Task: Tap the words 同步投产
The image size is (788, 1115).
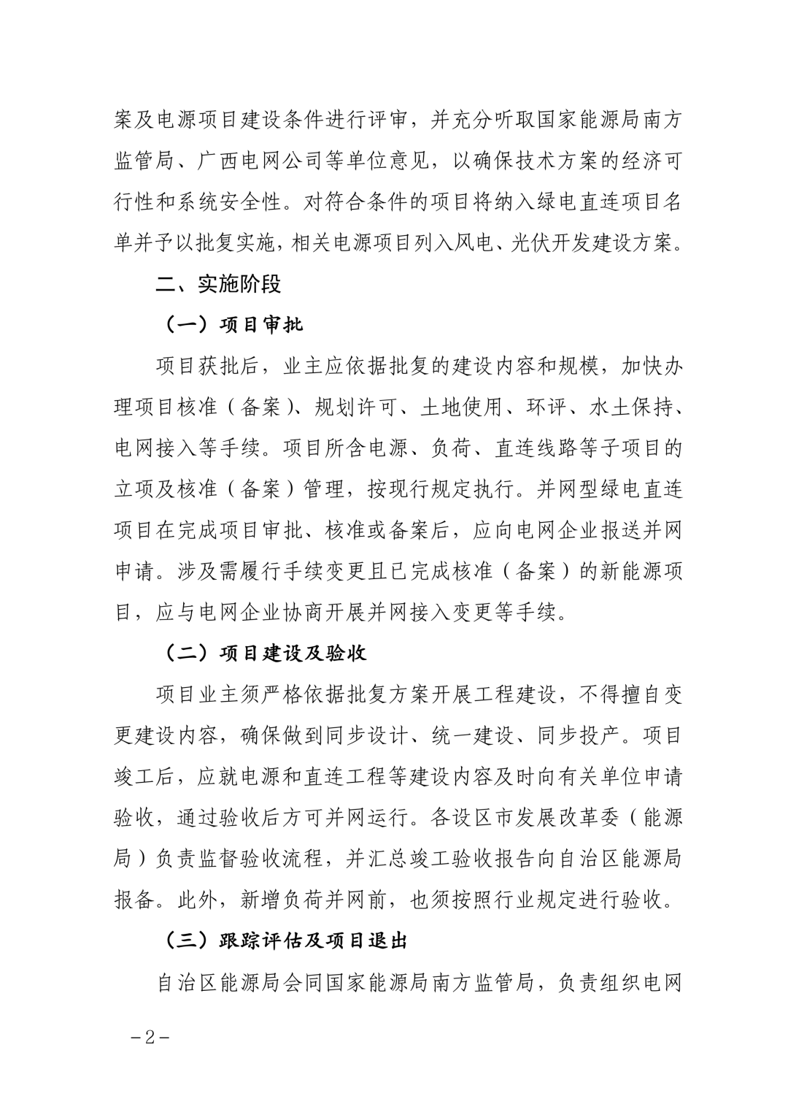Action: pos(577,735)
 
